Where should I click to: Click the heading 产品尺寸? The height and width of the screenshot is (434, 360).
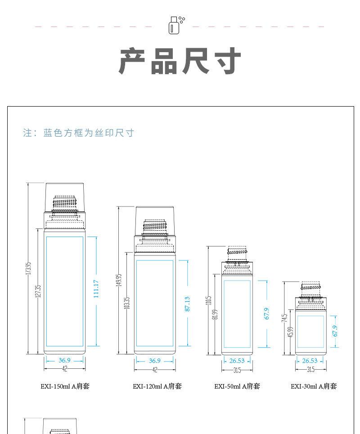pos(180,61)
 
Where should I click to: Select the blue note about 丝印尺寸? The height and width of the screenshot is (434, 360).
pos(79,133)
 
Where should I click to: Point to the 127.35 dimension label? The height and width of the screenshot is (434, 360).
pos(38,291)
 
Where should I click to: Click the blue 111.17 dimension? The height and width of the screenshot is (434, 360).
pos(96,289)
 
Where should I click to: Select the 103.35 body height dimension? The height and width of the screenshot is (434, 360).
pos(127,303)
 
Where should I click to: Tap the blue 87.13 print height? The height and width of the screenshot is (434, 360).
pos(187,304)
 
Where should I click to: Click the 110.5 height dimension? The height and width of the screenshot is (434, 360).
pos(209,300)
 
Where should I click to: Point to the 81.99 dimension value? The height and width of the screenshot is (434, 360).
pos(216,315)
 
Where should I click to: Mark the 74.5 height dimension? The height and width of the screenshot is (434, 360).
pos(284,318)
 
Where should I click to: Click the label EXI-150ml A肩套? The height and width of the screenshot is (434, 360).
pos(65,386)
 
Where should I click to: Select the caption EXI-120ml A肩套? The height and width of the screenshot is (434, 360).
pos(157,386)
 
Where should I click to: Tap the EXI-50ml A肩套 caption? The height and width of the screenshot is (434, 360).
pos(237,386)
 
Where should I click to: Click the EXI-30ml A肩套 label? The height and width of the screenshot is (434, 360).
pos(313,386)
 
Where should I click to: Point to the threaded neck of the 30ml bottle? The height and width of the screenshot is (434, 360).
pos(310,286)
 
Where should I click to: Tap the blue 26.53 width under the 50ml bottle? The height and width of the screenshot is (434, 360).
pos(237,361)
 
